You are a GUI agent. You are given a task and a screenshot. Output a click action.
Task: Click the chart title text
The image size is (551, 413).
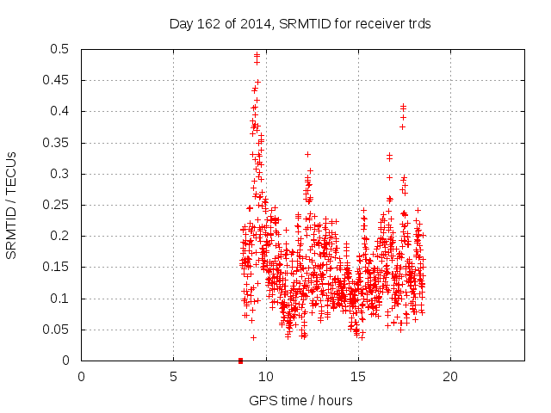click(300, 24)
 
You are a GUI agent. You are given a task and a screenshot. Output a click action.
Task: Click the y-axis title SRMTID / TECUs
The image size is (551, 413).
click(12, 205)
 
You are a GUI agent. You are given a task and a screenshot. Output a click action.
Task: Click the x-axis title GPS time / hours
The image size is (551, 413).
click(300, 400)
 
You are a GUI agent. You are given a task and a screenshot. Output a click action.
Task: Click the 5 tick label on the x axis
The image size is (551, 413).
click(173, 376)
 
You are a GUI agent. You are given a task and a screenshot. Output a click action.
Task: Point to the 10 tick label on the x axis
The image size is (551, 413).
click(265, 376)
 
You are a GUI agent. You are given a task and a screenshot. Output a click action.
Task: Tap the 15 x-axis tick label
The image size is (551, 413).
click(357, 376)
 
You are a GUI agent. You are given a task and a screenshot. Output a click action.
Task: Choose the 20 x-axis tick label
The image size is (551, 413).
click(449, 376)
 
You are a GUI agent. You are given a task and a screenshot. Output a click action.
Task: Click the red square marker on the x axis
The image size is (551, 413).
click(240, 361)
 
